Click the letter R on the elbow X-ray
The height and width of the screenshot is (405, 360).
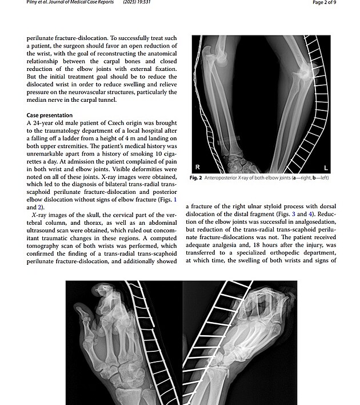197,168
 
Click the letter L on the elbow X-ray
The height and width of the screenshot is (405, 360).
326,168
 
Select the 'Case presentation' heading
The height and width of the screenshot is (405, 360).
50,115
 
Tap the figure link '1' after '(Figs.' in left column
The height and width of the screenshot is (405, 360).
175,199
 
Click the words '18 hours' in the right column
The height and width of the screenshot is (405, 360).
289,245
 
